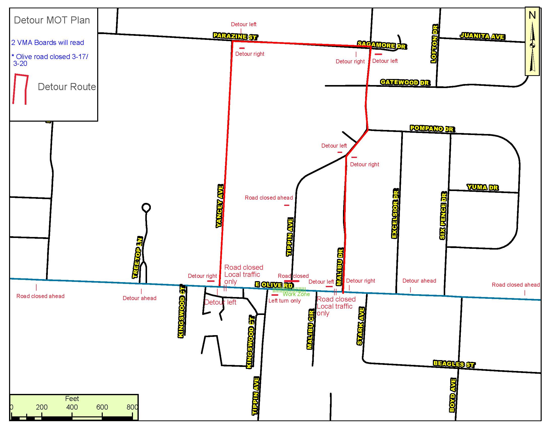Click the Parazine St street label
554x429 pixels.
pyautogui.click(x=235, y=36)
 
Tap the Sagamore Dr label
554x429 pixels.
pyautogui.click(x=382, y=45)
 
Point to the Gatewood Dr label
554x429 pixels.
pyautogui.click(x=405, y=82)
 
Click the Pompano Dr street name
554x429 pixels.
pyautogui.click(x=431, y=128)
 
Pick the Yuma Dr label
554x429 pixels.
pyautogui.click(x=482, y=187)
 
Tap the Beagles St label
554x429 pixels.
pyautogui.click(x=454, y=364)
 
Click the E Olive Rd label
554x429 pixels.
pyautogui.click(x=274, y=285)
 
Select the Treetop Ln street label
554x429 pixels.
pyautogui.click(x=137, y=257)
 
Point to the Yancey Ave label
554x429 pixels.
pyautogui.click(x=220, y=206)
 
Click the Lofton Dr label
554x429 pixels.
pyautogui.click(x=434, y=44)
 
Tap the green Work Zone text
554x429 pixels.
pyautogui.click(x=296, y=294)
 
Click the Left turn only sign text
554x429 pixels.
pyautogui.click(x=284, y=301)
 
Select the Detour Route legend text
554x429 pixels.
pyautogui.click(x=67, y=87)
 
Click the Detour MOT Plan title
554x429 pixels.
pyautogui.click(x=52, y=20)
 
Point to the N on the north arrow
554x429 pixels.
pyautogui.click(x=532, y=15)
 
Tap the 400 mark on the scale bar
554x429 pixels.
pyautogui.click(x=72, y=407)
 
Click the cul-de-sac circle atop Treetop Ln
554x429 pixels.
pyautogui.click(x=146, y=207)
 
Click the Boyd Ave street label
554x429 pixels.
pyautogui.click(x=453, y=395)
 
